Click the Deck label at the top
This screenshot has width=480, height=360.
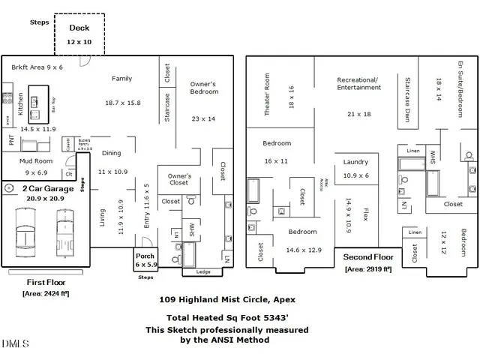(79, 28)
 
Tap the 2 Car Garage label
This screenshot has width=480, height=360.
(49, 188)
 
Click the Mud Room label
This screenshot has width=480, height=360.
(35, 161)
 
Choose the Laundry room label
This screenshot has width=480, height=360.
(355, 162)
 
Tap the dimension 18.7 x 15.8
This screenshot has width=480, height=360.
(122, 103)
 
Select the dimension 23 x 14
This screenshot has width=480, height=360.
(203, 118)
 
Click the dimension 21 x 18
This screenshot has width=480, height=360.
(359, 114)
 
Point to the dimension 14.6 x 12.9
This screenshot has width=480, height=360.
(303, 250)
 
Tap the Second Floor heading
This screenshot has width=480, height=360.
(369, 256)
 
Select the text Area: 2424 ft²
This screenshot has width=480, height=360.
(46, 294)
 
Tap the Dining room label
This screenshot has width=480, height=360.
(111, 153)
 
